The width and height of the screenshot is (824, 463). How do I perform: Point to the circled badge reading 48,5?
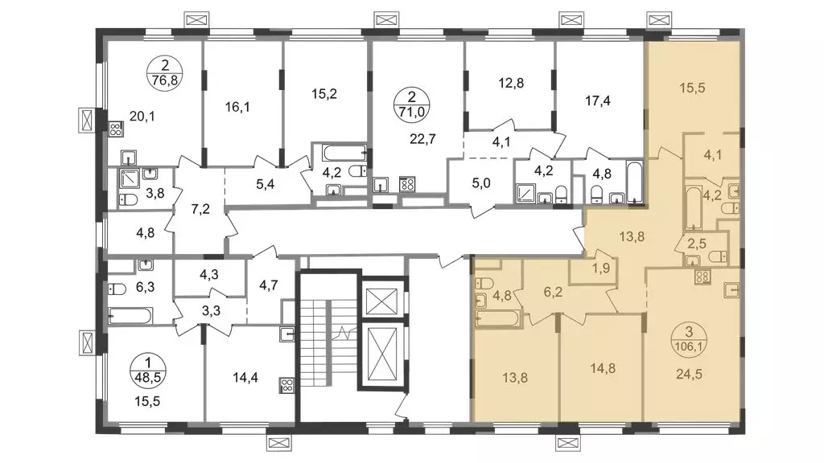(148, 370)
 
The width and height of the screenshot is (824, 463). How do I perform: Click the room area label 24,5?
(689, 375)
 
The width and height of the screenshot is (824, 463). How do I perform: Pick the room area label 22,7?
(422, 139)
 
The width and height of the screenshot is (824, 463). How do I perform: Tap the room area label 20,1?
(142, 116)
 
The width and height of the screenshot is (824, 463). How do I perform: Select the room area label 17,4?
(598, 100)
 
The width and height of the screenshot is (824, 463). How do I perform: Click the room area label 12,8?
(511, 83)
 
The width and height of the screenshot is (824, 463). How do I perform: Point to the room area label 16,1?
(237, 107)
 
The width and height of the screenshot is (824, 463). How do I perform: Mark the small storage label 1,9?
(600, 268)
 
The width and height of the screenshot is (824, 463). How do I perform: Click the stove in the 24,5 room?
(702, 277)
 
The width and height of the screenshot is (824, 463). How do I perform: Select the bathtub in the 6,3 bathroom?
(130, 316)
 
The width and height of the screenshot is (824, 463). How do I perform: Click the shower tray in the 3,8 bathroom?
(130, 179)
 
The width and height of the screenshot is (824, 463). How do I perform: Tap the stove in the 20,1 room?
(116, 129)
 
